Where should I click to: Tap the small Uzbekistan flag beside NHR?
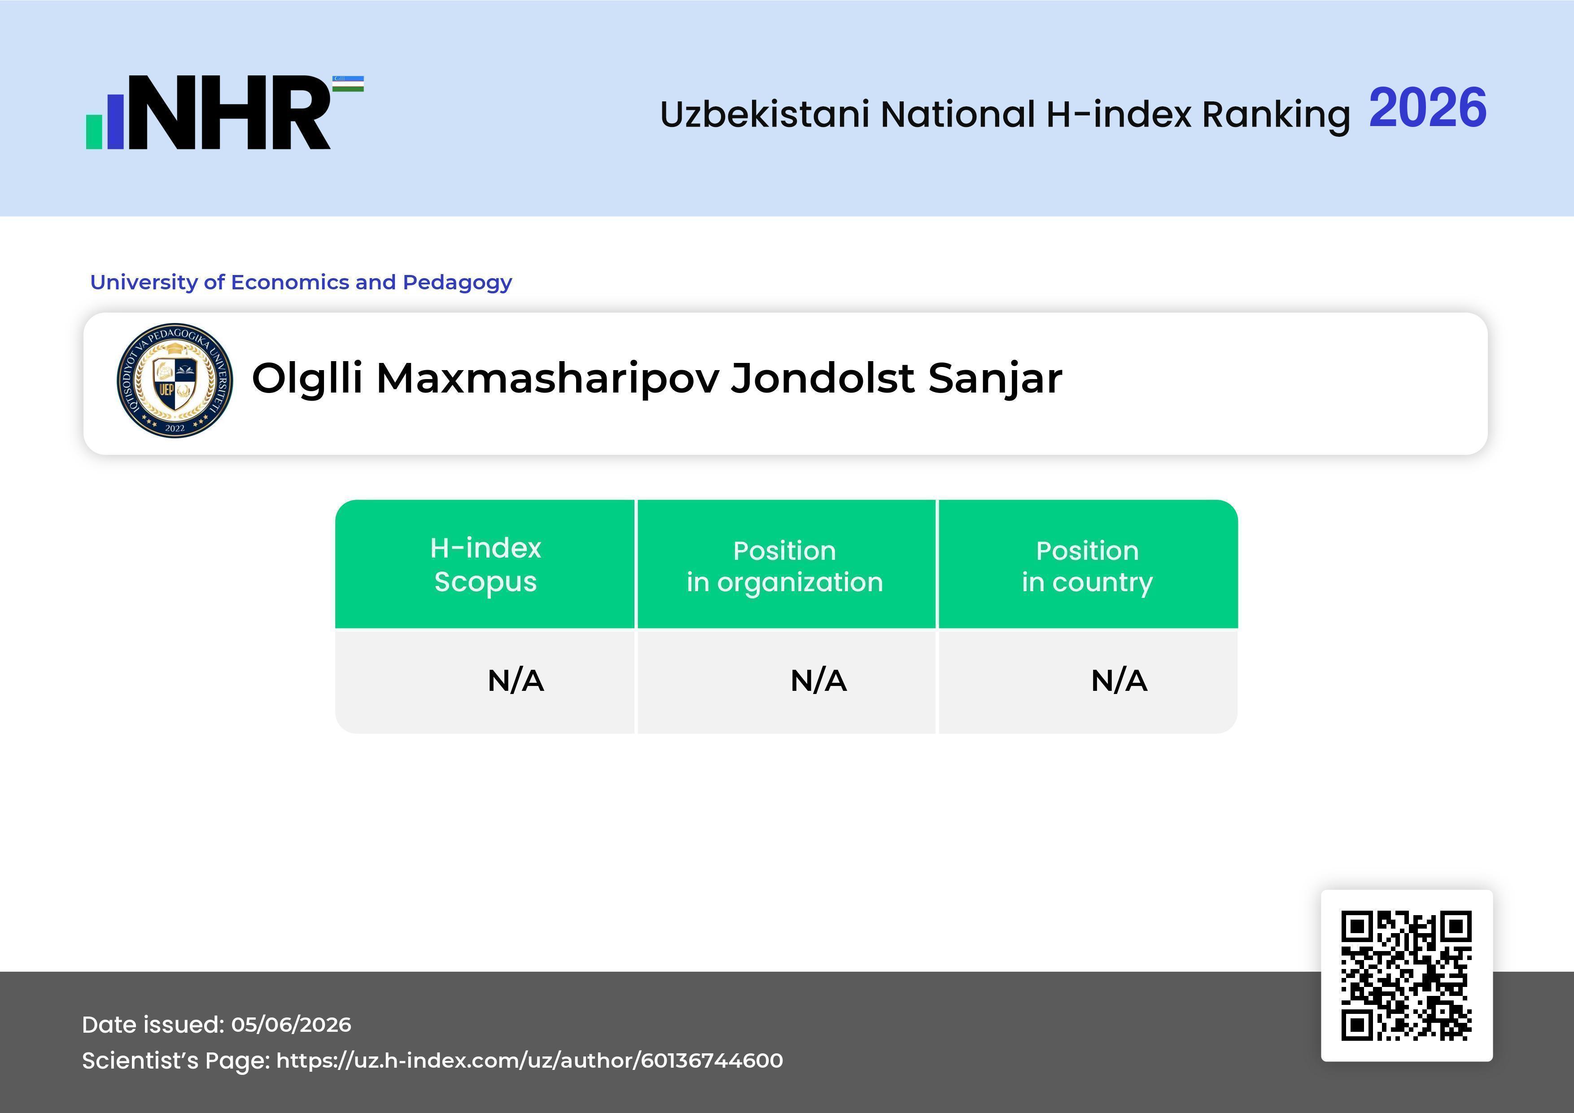(x=348, y=83)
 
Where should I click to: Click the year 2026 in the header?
(x=1427, y=108)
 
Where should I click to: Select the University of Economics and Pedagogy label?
(x=301, y=282)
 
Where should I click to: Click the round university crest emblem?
(x=175, y=380)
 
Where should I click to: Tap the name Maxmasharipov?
(x=548, y=379)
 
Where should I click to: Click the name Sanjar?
(x=995, y=379)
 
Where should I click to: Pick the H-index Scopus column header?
(x=485, y=565)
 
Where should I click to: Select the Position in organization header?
(x=785, y=566)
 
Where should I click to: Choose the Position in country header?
(x=1087, y=566)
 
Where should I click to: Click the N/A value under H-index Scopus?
(x=516, y=681)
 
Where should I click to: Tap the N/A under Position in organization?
(x=818, y=681)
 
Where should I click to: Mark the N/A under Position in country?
(x=1119, y=681)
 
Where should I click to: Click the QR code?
(x=1407, y=975)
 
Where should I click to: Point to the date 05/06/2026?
(x=291, y=1025)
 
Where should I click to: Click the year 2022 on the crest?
(x=175, y=428)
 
